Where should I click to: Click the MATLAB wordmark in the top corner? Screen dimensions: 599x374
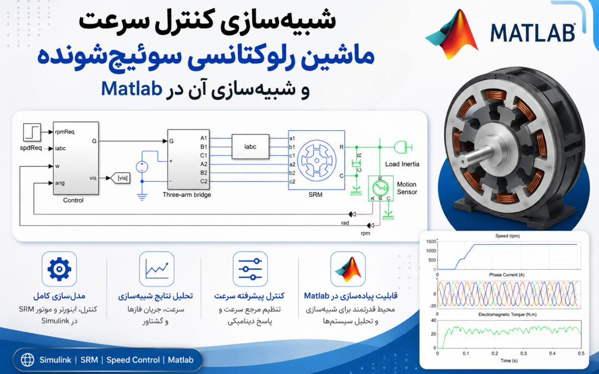click(x=532, y=33)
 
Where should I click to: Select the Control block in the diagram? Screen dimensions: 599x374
click(x=75, y=158)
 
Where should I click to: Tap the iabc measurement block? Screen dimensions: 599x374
click(x=250, y=146)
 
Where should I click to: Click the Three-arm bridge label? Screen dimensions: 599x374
click(x=187, y=194)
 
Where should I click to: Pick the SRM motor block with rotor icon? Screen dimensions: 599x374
click(x=316, y=160)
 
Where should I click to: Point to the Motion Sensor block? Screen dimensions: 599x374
click(x=380, y=188)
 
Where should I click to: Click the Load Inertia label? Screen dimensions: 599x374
click(x=402, y=164)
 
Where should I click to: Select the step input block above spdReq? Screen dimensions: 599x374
click(x=32, y=132)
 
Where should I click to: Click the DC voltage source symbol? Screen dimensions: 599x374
click(x=142, y=167)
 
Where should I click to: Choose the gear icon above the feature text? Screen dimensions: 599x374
click(x=59, y=269)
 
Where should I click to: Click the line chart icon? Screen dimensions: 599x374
click(x=156, y=269)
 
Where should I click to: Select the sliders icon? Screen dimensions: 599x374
click(x=250, y=269)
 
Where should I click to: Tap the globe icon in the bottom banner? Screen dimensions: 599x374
click(x=28, y=360)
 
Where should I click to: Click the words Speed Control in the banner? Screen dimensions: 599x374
click(x=133, y=360)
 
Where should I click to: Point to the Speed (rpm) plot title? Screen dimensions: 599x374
click(x=507, y=236)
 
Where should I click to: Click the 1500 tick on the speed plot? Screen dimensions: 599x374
click(x=430, y=242)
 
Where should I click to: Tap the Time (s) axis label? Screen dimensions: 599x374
click(x=509, y=361)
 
